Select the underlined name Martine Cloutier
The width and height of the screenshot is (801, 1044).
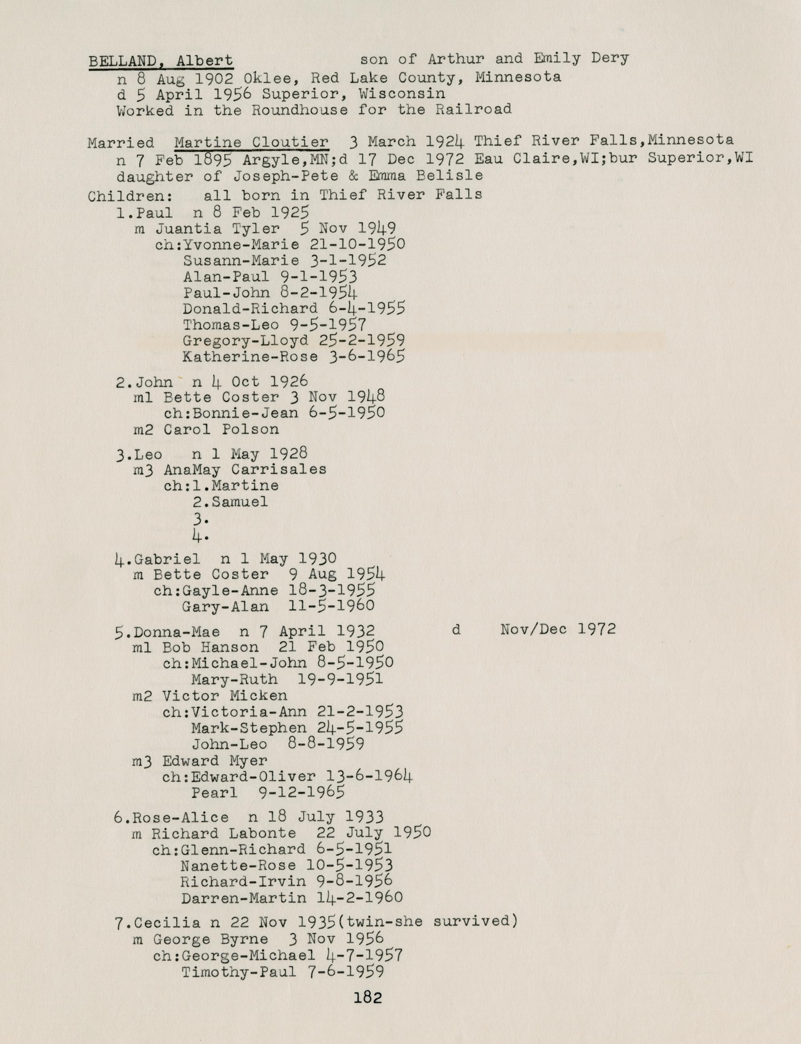251,142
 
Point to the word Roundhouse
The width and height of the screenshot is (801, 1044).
299,110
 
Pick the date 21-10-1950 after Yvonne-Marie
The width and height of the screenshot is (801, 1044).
357,244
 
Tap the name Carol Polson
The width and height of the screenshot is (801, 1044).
221,429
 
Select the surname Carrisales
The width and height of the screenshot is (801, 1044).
279,469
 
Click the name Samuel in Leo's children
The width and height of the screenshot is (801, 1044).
240,502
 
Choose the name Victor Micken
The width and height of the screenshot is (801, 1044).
225,696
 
